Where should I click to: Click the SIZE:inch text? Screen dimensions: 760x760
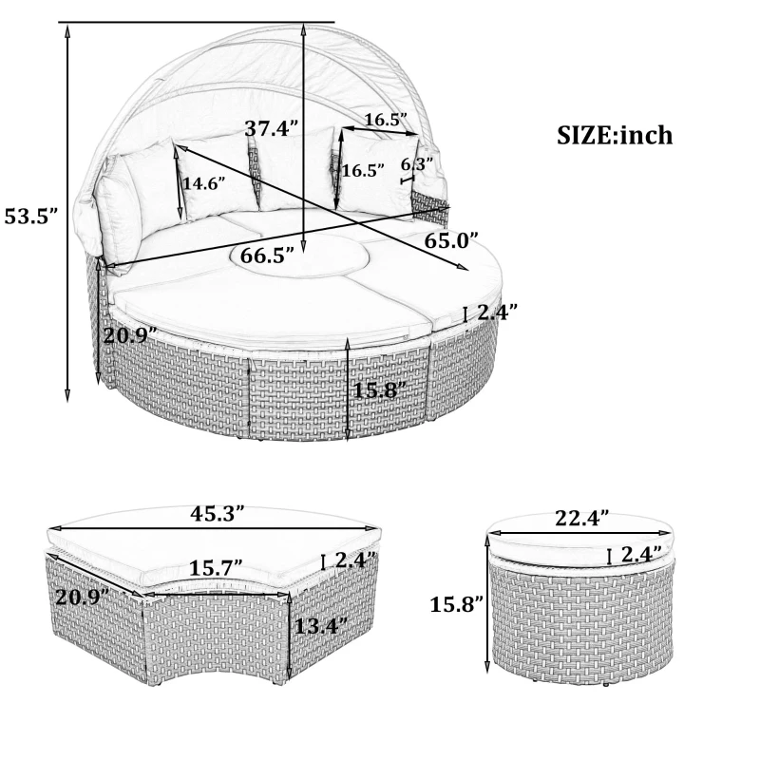coord(614,135)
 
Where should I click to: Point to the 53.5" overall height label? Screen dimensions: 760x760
coord(31,216)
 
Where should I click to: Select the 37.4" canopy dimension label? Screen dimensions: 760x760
coord(272,129)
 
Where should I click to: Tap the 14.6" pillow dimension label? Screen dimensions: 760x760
coord(204,183)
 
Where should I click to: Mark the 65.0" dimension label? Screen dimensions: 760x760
coord(450,240)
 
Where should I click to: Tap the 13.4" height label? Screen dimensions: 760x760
coord(320,626)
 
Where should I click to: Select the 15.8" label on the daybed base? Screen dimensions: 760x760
coord(380,389)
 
